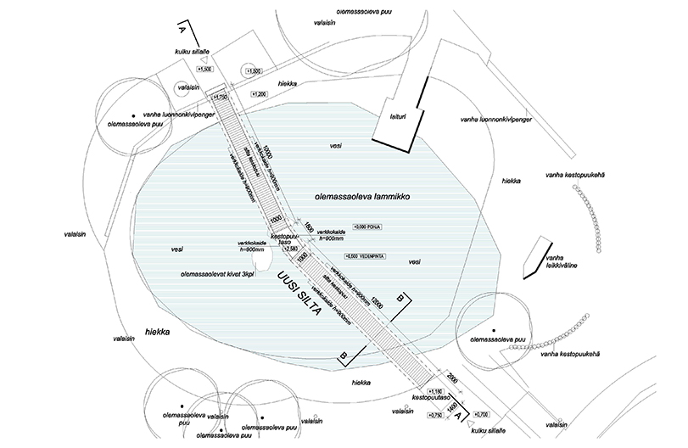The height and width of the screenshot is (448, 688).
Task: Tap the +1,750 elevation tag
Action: pyautogui.click(x=222, y=98)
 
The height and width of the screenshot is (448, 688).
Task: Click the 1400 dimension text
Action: pyautogui.click(x=454, y=407)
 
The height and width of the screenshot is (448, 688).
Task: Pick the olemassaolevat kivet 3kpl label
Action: pyautogui.click(x=220, y=275)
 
